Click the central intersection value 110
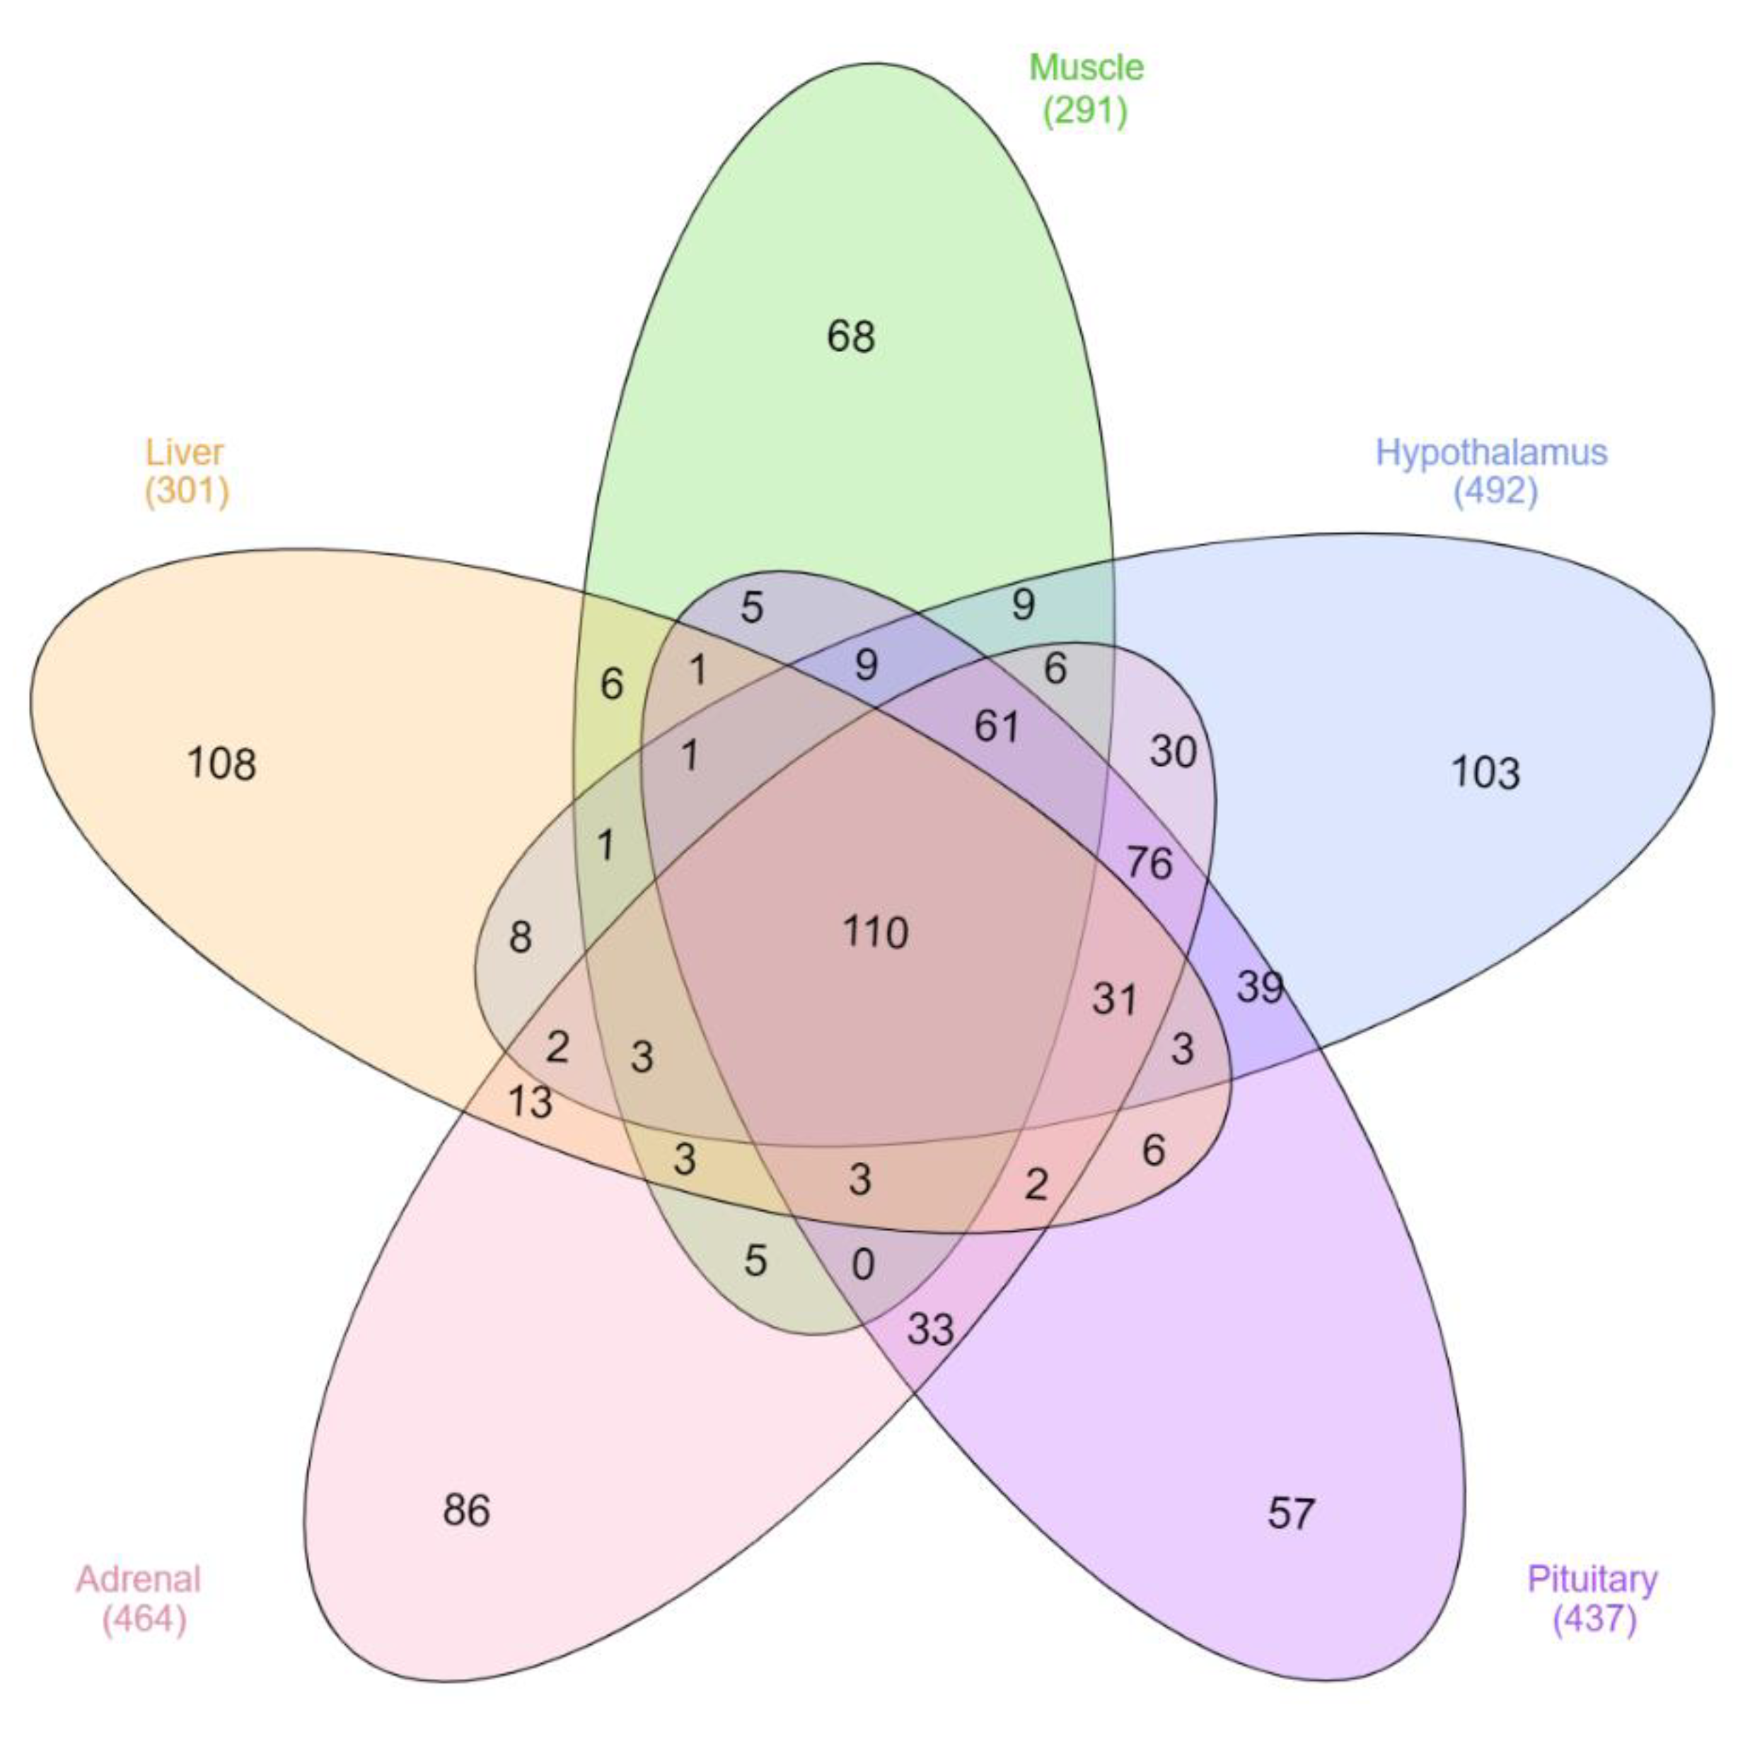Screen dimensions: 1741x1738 point(875,932)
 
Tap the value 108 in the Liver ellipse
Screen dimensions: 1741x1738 point(221,763)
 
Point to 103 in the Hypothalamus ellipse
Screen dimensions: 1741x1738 point(1485,772)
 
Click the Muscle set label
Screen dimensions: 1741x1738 point(1087,68)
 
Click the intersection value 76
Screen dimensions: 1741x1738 point(1149,863)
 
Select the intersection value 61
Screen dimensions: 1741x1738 point(996,726)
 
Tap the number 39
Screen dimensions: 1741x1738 point(1259,986)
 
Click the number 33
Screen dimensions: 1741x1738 point(930,1328)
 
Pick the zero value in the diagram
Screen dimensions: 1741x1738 point(863,1265)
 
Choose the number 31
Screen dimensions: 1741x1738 point(1114,998)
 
